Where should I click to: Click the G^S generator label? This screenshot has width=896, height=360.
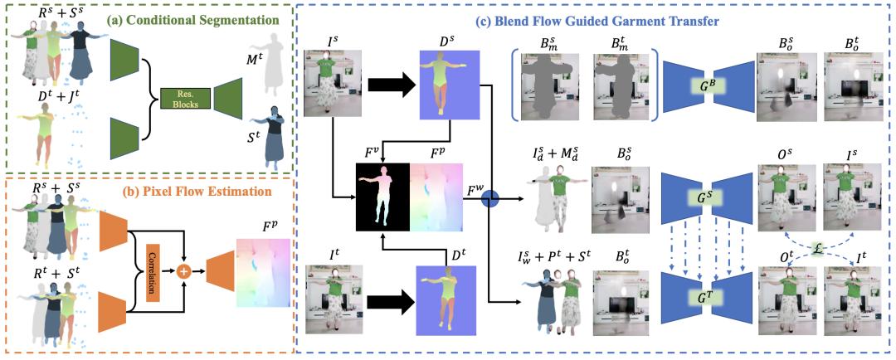pyautogui.click(x=708, y=198)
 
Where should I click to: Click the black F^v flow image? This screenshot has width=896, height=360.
pyautogui.click(x=383, y=197)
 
